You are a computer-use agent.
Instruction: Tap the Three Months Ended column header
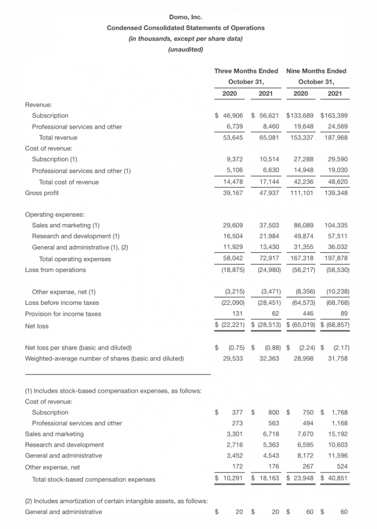click(246, 71)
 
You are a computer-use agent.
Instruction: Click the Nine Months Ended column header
click(316, 71)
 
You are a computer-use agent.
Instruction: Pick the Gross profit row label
click(42, 193)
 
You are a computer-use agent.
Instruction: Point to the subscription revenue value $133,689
click(299, 115)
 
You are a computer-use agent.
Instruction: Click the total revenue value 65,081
click(269, 137)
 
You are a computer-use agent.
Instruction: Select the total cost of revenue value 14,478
click(234, 182)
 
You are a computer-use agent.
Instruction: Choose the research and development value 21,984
click(269, 236)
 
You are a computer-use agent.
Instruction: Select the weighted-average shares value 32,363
click(269, 358)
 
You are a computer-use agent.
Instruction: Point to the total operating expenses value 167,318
click(303, 259)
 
